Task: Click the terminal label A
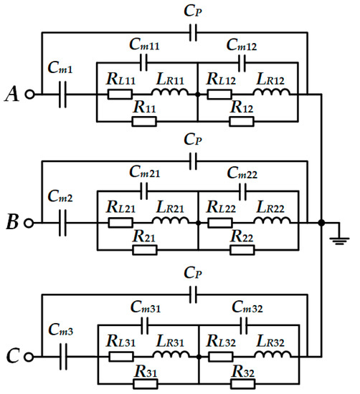click(x=11, y=93)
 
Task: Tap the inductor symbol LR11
click(x=176, y=94)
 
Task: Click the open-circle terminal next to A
click(x=29, y=94)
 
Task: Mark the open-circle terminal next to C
click(x=29, y=355)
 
